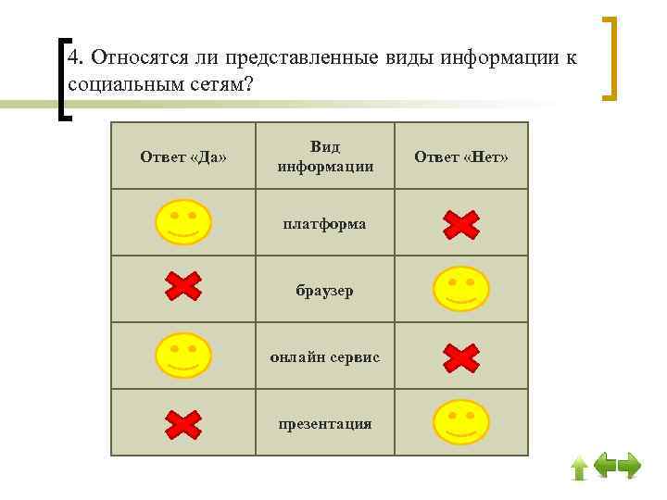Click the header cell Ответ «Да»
click(x=183, y=156)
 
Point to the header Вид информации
click(x=324, y=156)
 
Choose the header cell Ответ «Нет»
click(x=461, y=156)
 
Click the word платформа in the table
click(x=324, y=223)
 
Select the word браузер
click(x=324, y=290)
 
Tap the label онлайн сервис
click(x=324, y=356)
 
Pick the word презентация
click(x=324, y=423)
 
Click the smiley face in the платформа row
click(x=183, y=222)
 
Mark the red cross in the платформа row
click(x=460, y=223)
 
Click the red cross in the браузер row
click(x=183, y=289)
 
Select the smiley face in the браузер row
click(x=460, y=289)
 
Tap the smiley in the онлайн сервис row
click(x=183, y=356)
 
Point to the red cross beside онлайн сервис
click(x=460, y=356)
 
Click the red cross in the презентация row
click(x=183, y=423)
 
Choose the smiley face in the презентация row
click(x=460, y=422)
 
